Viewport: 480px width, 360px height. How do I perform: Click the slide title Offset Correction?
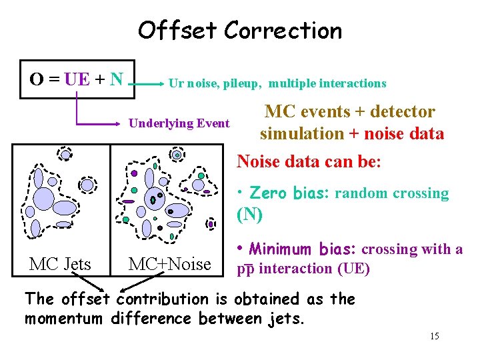pyautogui.click(x=239, y=31)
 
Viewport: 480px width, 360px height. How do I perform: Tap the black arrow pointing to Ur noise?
pyautogui.click(x=149, y=84)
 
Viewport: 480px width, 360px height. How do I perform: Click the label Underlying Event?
pyautogui.click(x=179, y=123)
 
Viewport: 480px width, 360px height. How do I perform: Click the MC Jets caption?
pyautogui.click(x=60, y=264)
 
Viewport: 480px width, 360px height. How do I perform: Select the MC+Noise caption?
pyautogui.click(x=169, y=264)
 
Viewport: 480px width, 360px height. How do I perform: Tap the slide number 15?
pyautogui.click(x=434, y=336)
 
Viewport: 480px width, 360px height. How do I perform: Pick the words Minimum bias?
pyautogui.click(x=303, y=250)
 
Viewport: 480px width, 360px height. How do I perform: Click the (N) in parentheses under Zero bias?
pyautogui.click(x=250, y=215)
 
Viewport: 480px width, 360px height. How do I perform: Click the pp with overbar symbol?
pyautogui.click(x=247, y=269)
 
